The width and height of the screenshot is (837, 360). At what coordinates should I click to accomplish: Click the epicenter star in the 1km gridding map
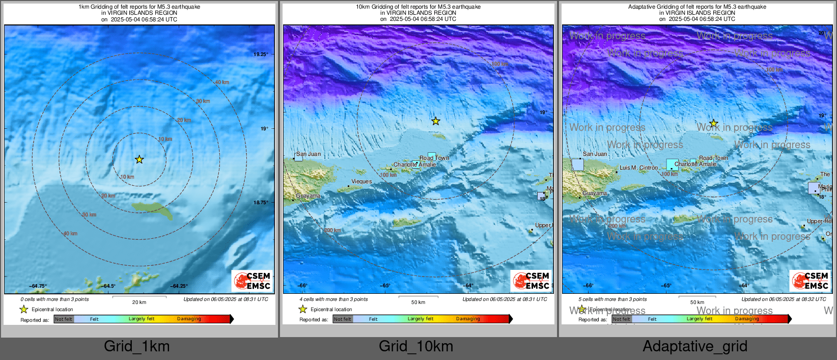pyautogui.click(x=139, y=159)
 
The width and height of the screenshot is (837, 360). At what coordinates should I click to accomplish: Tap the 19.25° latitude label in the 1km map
pyautogui.click(x=261, y=54)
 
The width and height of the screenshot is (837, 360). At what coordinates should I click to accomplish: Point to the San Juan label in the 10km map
pyautogui.click(x=309, y=154)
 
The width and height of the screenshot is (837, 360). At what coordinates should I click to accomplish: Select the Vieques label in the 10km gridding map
pyautogui.click(x=361, y=181)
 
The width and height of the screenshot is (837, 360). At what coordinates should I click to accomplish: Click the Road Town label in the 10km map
pyautogui.click(x=434, y=158)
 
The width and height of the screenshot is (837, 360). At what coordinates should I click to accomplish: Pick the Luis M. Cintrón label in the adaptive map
pyautogui.click(x=638, y=168)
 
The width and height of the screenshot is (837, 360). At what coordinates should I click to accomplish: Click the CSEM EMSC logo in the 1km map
pyautogui.click(x=252, y=281)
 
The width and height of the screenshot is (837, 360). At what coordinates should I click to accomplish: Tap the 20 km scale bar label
pyautogui.click(x=139, y=302)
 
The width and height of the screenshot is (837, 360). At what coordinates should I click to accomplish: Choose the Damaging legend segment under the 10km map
pyautogui.click(x=468, y=319)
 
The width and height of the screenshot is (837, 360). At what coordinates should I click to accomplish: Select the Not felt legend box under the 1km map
pyautogui.click(x=64, y=319)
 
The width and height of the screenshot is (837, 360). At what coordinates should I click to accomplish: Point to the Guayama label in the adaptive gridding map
pyautogui.click(x=595, y=193)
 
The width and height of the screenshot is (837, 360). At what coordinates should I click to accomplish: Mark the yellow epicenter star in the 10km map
pyautogui.click(x=436, y=121)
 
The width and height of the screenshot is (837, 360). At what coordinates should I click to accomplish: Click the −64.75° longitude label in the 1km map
pyautogui.click(x=38, y=286)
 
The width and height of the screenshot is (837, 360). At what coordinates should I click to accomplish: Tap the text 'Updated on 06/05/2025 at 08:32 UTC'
pyautogui.click(x=784, y=299)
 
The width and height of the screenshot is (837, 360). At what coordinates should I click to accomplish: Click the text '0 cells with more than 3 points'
pyautogui.click(x=54, y=299)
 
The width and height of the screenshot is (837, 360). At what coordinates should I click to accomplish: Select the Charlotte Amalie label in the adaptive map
pyautogui.click(x=695, y=164)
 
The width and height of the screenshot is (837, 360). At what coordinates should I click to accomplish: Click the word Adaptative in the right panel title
pyautogui.click(x=643, y=7)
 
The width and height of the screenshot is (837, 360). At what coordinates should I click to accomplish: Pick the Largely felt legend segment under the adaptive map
pyautogui.click(x=699, y=319)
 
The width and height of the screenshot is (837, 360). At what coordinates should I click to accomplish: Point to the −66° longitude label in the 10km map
pyautogui.click(x=302, y=286)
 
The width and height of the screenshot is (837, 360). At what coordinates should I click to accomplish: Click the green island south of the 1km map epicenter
pyautogui.click(x=152, y=209)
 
